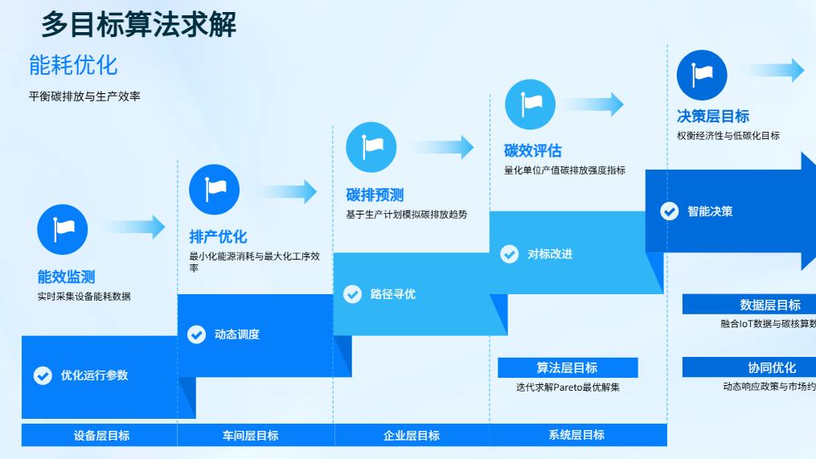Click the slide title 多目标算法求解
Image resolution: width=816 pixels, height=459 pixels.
pyautogui.click(x=138, y=25)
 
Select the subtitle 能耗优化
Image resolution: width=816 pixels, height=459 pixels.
pyautogui.click(x=73, y=64)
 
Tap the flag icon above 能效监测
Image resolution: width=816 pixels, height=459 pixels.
pyautogui.click(x=62, y=229)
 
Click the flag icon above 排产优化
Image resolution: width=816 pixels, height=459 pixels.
pyautogui.click(x=214, y=190)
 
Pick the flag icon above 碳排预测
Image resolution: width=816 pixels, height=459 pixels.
pyautogui.click(x=371, y=147)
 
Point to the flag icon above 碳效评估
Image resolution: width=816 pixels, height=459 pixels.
pyautogui.click(x=530, y=105)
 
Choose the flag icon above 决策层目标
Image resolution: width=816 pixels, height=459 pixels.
pyautogui.click(x=701, y=75)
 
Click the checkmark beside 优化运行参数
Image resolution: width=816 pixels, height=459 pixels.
pyautogui.click(x=43, y=375)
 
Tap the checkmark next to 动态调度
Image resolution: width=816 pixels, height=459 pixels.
pyautogui.click(x=196, y=334)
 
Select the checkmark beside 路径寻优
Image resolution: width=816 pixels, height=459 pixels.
pyautogui.click(x=352, y=294)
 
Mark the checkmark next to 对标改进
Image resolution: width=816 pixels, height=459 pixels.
pyautogui.click(x=509, y=254)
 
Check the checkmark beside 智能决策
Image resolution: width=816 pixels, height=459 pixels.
pyautogui.click(x=669, y=211)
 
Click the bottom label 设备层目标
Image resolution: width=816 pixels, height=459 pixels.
pyautogui.click(x=101, y=436)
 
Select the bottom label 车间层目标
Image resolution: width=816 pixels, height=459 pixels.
pyautogui.click(x=251, y=436)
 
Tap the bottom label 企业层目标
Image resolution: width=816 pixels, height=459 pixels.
pyautogui.click(x=412, y=436)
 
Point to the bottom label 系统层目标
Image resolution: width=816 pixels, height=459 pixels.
pyautogui.click(x=576, y=435)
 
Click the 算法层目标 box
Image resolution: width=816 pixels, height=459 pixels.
pyautogui.click(x=567, y=368)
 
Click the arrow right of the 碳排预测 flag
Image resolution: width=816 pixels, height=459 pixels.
pyautogui.click(x=443, y=147)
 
